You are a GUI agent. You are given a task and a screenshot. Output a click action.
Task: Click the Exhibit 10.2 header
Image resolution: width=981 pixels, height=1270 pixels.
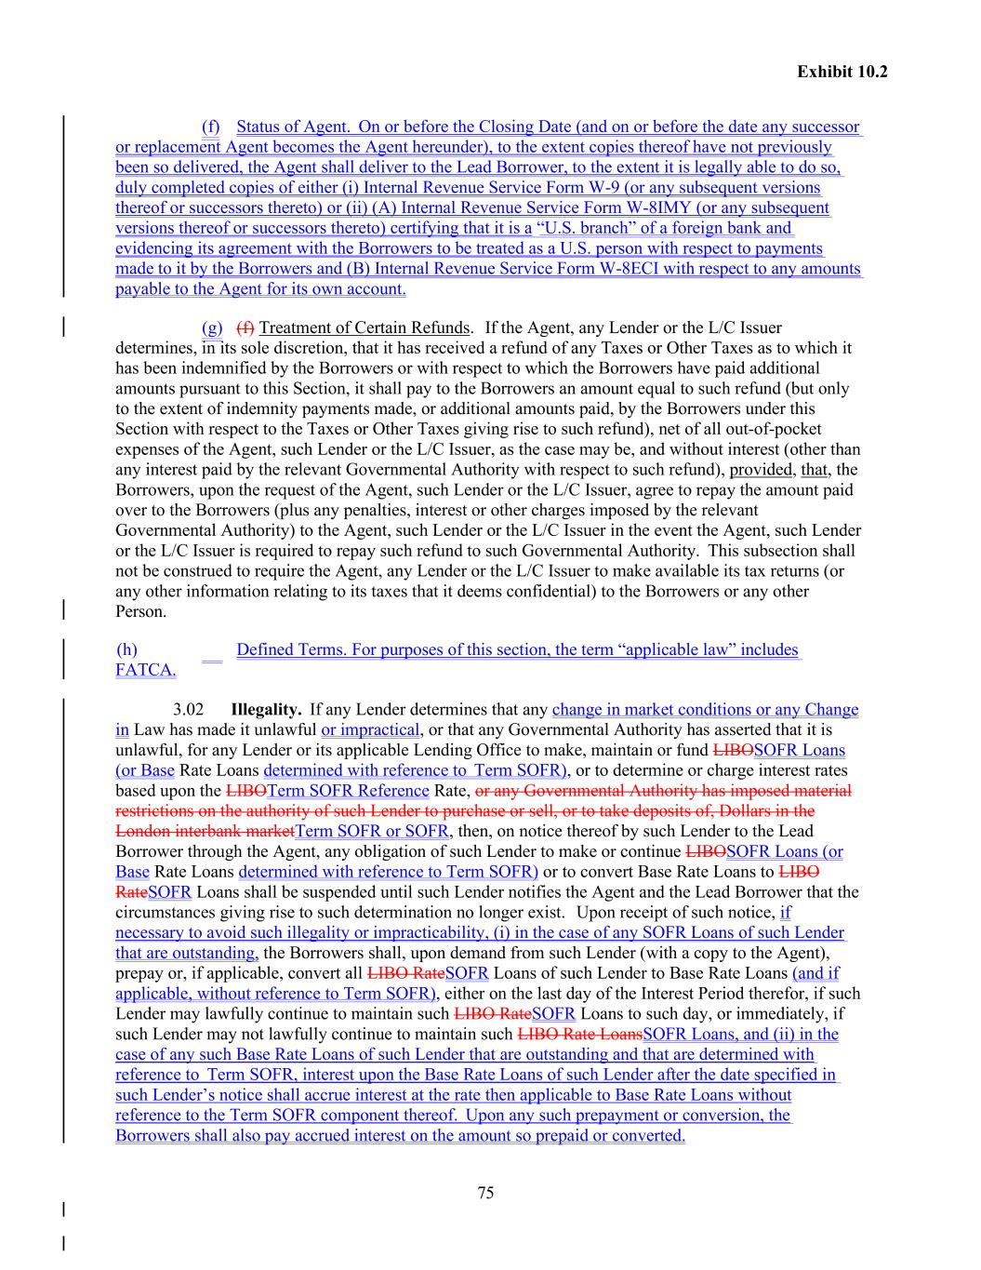tap(842, 71)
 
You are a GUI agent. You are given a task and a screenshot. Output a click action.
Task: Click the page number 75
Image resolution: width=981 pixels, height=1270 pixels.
tap(485, 1194)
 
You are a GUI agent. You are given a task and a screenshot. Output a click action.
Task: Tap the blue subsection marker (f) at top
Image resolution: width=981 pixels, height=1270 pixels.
tap(211, 127)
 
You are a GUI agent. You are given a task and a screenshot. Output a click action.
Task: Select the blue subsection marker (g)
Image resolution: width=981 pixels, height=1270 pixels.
tap(212, 328)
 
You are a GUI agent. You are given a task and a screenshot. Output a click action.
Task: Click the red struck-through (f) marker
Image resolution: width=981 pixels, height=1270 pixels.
tap(245, 328)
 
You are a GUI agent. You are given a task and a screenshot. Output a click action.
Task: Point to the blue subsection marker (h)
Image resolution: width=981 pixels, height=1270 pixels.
tap(126, 649)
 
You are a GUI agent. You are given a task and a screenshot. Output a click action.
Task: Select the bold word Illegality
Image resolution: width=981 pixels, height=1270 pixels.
tap(266, 710)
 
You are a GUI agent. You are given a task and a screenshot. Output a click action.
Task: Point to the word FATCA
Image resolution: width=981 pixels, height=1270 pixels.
tap(145, 670)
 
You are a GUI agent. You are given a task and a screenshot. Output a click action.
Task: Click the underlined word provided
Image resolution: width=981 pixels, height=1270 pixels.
tap(760, 470)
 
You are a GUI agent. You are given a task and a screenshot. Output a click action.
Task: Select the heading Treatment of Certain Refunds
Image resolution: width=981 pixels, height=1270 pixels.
tap(365, 328)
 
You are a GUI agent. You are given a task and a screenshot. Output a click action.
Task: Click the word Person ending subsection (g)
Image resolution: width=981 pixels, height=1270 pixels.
tap(140, 612)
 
